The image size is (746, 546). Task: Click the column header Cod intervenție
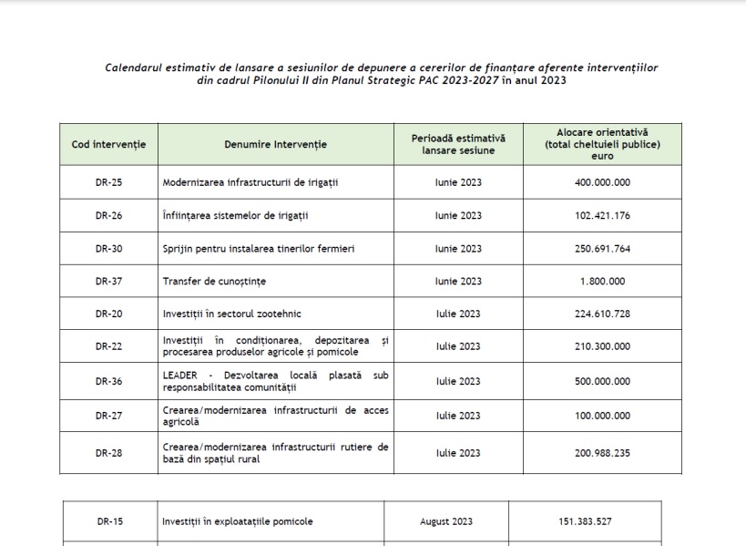point(108,145)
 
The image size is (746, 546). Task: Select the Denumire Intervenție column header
point(275,145)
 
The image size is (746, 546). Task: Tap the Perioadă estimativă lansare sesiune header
point(458,145)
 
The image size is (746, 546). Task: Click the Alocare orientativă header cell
point(602,144)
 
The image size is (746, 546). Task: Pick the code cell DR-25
point(108,182)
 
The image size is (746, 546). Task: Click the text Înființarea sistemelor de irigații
point(235,216)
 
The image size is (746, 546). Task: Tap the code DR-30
point(108,249)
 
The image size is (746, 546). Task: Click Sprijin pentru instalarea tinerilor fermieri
point(259,249)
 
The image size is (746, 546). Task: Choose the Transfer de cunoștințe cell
point(214,281)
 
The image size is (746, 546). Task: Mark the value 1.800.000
point(603,281)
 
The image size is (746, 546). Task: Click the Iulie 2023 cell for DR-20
point(458,314)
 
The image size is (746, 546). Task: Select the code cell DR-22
point(108,346)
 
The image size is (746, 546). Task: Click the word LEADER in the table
point(179,375)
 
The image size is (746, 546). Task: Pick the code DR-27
point(108,416)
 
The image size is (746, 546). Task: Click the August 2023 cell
point(446,522)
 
